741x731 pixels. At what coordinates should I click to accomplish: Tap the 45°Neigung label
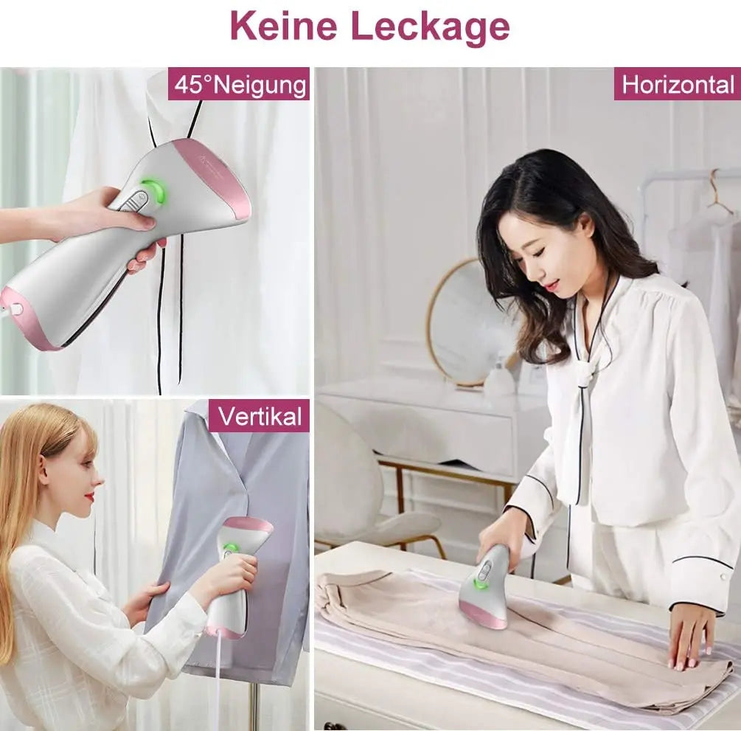click(x=239, y=84)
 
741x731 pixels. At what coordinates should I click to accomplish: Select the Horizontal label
click(x=677, y=84)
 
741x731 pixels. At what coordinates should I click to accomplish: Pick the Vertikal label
click(x=259, y=416)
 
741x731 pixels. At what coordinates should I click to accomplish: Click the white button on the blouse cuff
click(x=723, y=578)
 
